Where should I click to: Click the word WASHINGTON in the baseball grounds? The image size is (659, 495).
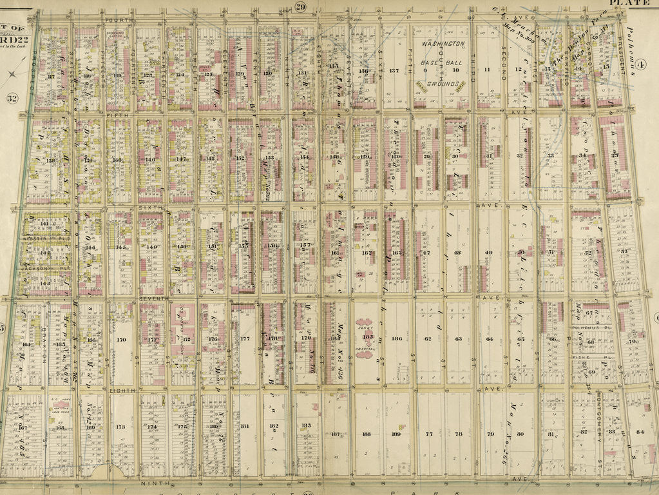[443, 44]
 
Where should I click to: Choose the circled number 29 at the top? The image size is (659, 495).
[300, 7]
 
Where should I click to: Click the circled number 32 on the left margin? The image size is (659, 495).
[12, 99]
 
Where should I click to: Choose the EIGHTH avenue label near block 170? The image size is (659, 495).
[120, 390]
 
